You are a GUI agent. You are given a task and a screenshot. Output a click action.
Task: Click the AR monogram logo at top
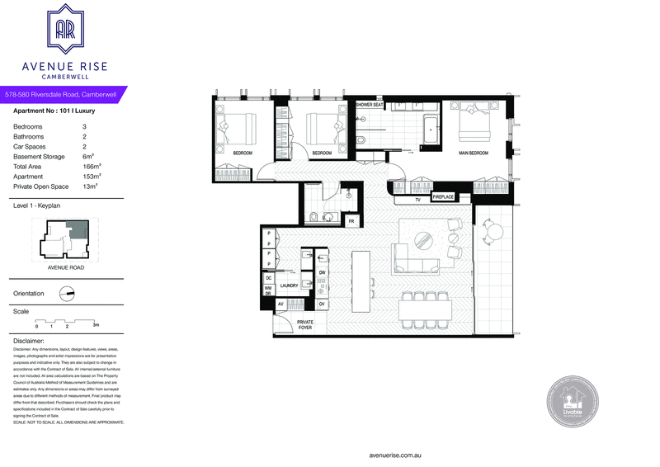(65, 31)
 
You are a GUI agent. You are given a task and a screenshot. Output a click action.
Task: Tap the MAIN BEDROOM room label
(474, 153)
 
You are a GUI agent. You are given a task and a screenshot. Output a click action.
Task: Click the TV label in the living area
(418, 199)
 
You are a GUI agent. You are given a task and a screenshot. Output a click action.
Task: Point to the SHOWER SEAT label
(370, 106)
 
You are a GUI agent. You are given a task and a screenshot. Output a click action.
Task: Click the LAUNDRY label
(289, 285)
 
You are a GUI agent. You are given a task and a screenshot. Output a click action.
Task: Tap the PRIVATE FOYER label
(305, 325)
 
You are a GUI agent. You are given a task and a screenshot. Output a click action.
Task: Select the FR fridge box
(351, 221)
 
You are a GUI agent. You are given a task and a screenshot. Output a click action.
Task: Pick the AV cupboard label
(280, 304)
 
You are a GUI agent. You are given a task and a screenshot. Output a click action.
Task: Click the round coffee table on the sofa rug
(422, 239)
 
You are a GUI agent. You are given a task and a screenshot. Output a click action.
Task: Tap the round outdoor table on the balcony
(493, 234)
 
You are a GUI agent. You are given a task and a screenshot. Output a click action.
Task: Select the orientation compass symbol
(68, 293)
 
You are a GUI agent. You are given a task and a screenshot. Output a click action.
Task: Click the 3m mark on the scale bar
(96, 324)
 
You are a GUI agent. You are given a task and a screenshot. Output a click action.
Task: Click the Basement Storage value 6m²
(88, 157)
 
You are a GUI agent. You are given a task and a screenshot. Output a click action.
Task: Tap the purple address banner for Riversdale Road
(62, 96)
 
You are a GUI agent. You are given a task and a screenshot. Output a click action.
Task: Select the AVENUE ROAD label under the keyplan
(64, 268)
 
